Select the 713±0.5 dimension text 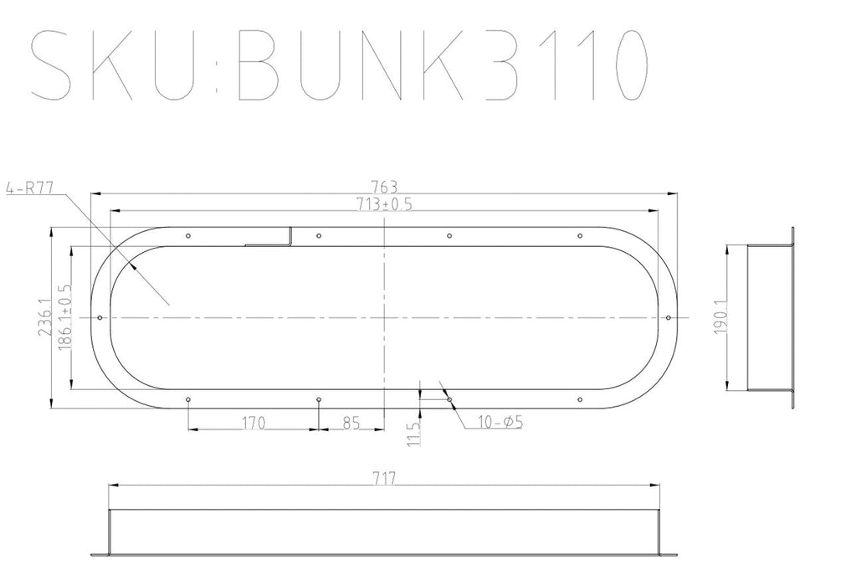(385, 203)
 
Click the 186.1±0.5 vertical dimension (64, 319)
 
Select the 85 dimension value (351, 423)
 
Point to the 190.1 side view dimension (720, 319)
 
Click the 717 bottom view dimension (384, 478)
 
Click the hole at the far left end (100, 318)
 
